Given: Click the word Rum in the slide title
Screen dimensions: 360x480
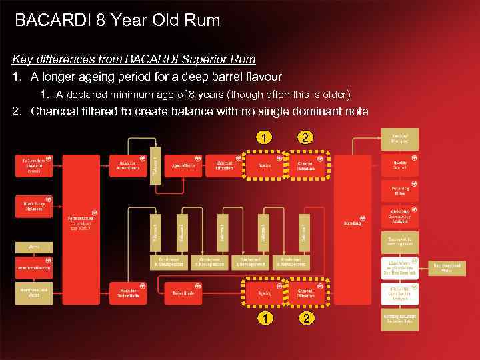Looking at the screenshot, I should pos(202,20).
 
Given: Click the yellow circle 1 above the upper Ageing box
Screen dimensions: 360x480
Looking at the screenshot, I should pos(265,138).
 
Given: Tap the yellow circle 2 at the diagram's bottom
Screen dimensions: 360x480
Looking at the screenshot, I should pos(306,318).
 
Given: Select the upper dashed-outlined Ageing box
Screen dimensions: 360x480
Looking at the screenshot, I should pos(265,165).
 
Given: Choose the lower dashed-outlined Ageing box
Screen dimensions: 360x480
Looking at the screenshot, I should pos(265,293).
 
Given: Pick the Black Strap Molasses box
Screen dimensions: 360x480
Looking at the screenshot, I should pos(34,206).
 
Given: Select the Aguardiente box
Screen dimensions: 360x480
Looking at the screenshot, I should pos(183,165).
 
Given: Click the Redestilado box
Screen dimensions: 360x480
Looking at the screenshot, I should pos(183,293).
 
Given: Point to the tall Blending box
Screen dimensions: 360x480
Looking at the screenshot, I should pos(352,223).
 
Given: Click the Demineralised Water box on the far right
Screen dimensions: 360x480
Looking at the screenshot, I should pos(451,267).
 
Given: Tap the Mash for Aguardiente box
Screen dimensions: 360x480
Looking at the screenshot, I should pos(129,165).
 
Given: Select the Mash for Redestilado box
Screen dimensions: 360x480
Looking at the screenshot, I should pos(129,293).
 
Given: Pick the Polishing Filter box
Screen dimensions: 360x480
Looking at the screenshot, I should pos(399,191).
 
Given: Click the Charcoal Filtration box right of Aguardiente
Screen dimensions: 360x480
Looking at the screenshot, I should pos(224,165).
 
